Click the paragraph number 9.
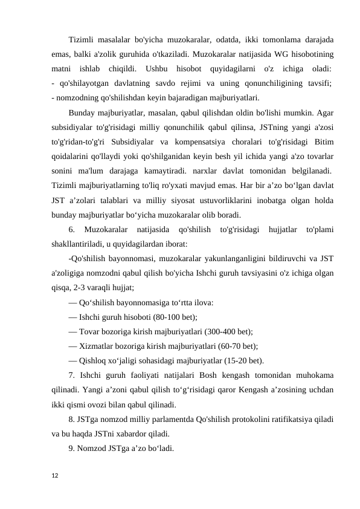tap(72, 449)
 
